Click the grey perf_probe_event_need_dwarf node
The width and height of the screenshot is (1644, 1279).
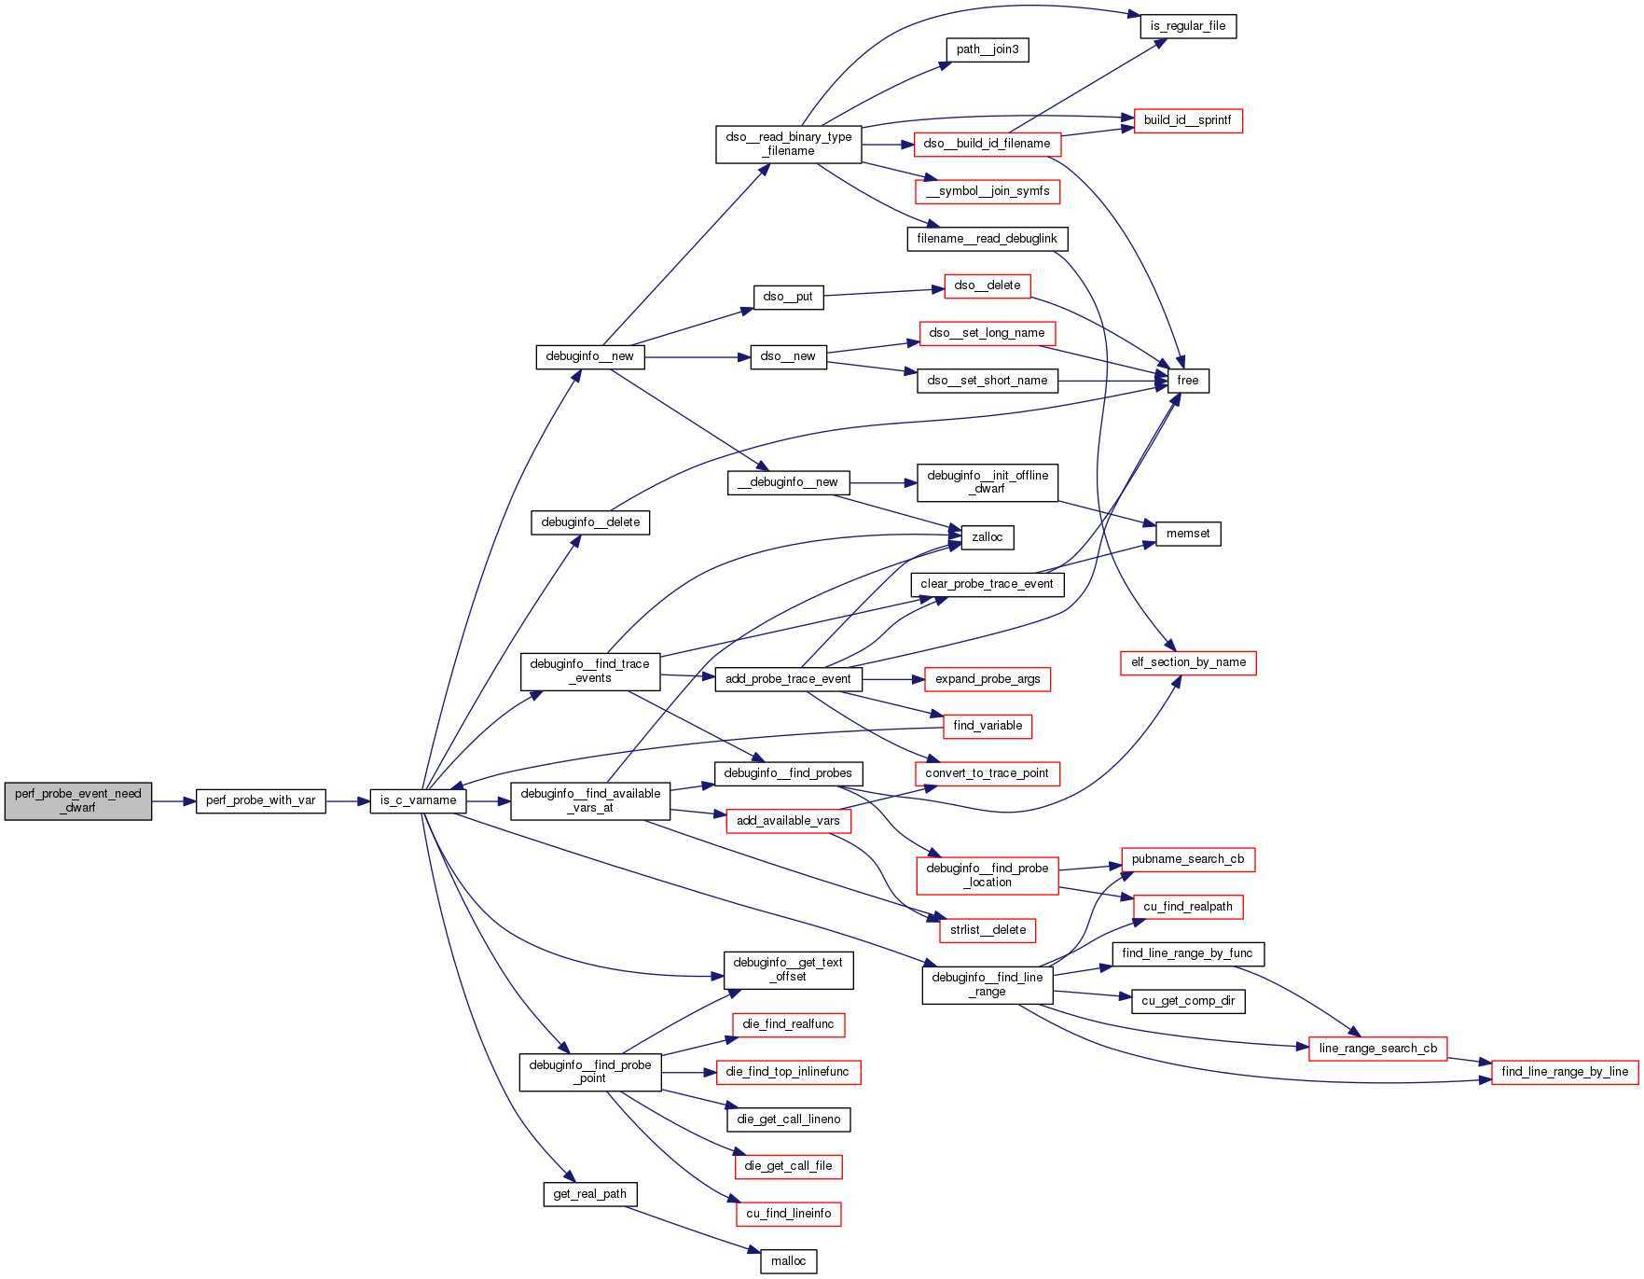[78, 801]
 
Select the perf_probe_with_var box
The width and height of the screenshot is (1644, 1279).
[260, 801]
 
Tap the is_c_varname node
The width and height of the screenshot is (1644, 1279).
[418, 801]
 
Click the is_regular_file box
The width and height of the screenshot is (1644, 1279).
[1187, 26]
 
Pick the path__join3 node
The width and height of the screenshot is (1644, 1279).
[987, 49]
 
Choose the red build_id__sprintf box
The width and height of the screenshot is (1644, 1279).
[1187, 120]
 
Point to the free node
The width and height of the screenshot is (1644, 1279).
[1187, 381]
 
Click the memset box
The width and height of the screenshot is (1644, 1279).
[1187, 534]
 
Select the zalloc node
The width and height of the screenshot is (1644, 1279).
[987, 537]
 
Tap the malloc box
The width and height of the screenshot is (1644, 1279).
[788, 1261]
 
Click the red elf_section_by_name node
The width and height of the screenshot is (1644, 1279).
[1188, 662]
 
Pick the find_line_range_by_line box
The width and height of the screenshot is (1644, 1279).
[1564, 1072]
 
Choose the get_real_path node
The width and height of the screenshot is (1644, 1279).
[589, 1194]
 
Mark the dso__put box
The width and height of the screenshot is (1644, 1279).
[787, 297]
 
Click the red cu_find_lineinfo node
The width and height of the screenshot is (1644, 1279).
[788, 1214]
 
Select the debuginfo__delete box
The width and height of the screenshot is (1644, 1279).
[589, 522]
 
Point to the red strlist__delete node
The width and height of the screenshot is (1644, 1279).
[987, 930]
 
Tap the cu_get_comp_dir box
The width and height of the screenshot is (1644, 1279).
[1187, 1001]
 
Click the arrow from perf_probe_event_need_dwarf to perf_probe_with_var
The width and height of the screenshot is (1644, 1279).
[173, 801]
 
